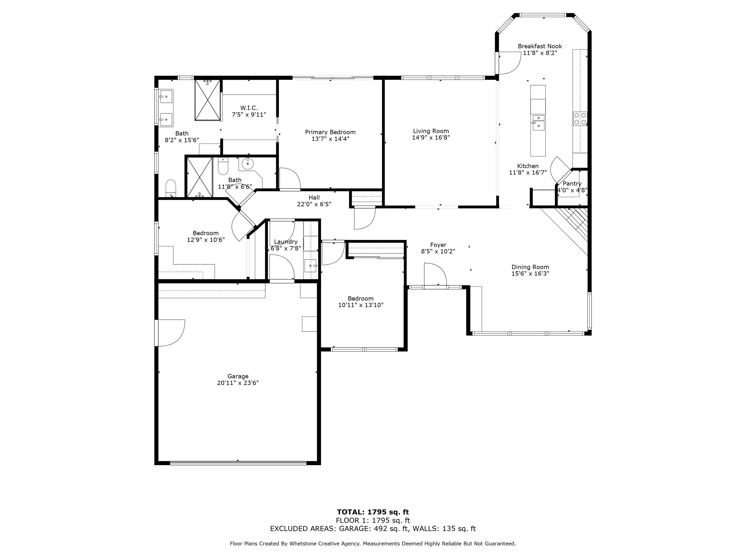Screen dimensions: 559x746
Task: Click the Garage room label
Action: (x=238, y=376)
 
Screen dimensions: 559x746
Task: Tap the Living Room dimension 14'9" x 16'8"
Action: (x=431, y=137)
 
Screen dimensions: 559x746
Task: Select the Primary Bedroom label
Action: (x=330, y=132)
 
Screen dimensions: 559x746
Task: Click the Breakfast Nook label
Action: (x=540, y=46)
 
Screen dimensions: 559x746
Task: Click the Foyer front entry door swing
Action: (x=435, y=274)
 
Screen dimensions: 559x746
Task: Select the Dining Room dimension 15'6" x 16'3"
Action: (x=530, y=274)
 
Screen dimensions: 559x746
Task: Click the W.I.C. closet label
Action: (x=249, y=108)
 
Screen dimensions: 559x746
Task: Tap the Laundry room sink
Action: (x=310, y=266)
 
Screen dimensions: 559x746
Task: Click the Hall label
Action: (x=314, y=198)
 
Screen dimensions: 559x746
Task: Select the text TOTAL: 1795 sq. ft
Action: (x=373, y=512)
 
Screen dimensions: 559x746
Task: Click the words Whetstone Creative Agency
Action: (x=329, y=544)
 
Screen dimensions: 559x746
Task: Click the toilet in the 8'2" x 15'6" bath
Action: (x=171, y=187)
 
